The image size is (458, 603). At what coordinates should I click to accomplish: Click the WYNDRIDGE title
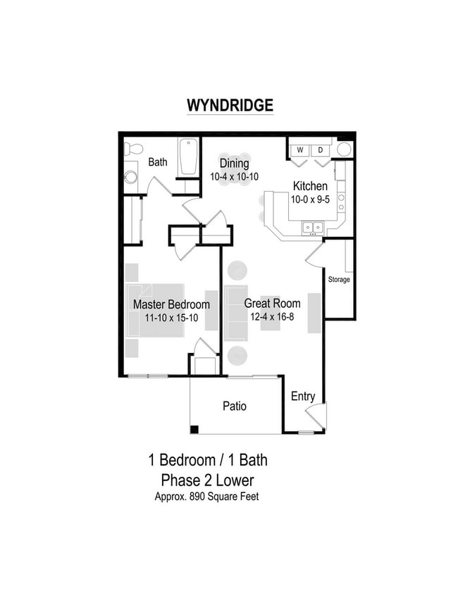230,105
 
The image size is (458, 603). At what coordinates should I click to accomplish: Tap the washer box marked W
299,150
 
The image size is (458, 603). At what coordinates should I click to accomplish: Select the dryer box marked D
320,150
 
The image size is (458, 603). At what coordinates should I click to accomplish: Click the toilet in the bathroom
132,149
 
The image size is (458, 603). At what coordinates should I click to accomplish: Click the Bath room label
158,162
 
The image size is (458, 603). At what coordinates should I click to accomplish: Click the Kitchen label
310,187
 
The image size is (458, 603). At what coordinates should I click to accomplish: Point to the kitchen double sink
313,227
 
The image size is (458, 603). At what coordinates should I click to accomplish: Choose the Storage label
339,280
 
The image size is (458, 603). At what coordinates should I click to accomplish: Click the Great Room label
272,304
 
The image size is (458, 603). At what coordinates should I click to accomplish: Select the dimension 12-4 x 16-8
272,317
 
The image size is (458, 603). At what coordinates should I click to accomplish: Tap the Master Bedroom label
171,305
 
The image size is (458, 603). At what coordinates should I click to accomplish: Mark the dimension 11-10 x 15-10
171,318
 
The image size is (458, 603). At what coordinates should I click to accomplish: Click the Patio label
235,406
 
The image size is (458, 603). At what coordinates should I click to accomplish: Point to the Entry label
303,397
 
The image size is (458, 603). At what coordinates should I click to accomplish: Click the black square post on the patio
194,430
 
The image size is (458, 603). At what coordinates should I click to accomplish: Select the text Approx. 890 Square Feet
206,496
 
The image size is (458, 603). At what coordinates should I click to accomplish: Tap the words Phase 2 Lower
207,480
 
